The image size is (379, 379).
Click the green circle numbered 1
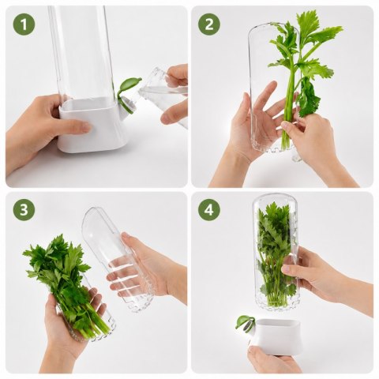click(x=24, y=24)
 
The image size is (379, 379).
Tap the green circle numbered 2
click(x=209, y=24)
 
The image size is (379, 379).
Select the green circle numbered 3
click(x=24, y=209)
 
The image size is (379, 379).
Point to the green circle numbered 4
click(x=209, y=209)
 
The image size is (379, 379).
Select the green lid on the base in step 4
click(x=245, y=322)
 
